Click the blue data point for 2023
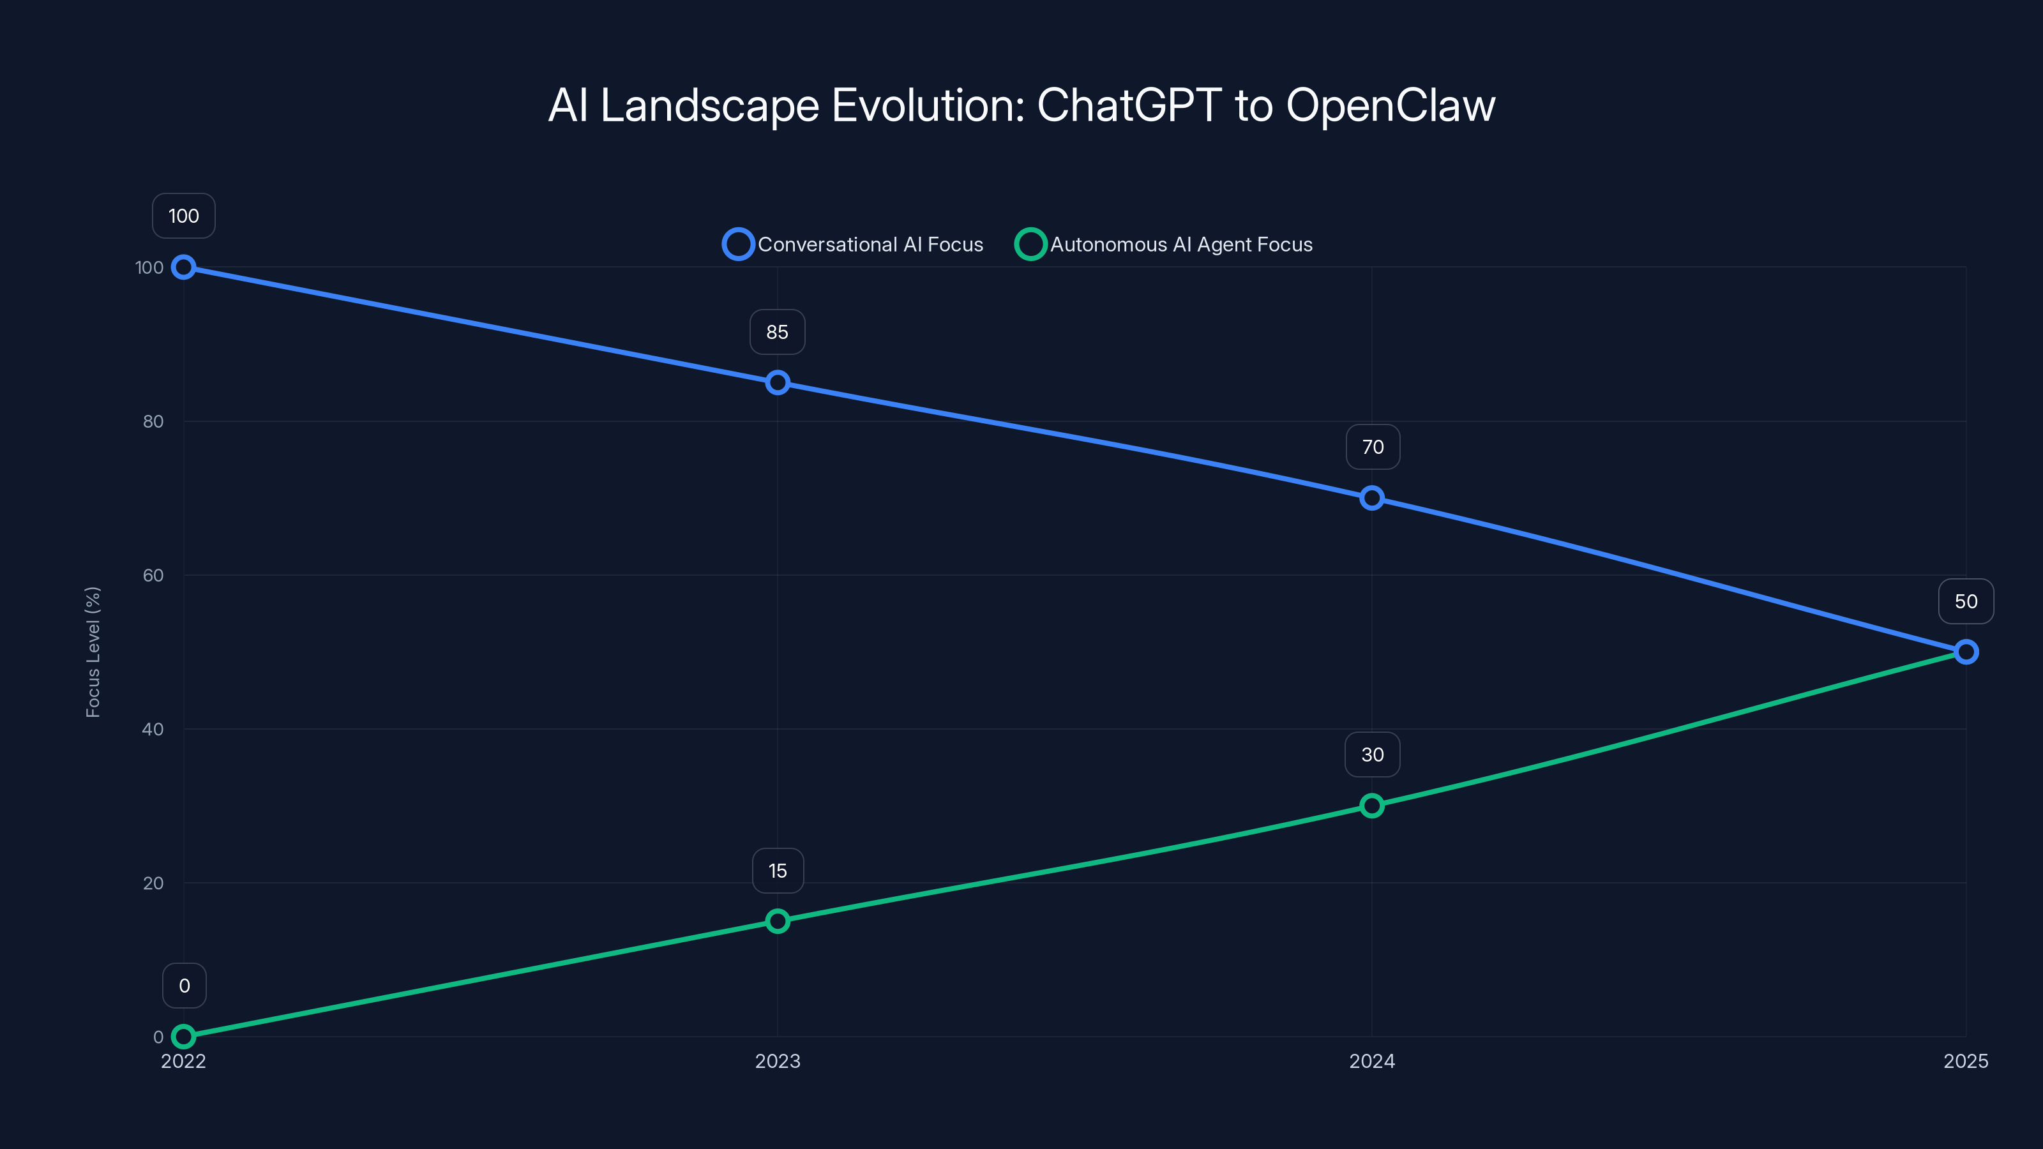(777, 383)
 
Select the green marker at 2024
(1371, 806)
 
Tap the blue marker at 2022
(183, 267)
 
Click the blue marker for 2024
(1371, 498)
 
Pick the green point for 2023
(777, 920)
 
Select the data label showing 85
(777, 332)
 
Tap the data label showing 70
(1372, 447)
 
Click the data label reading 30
(1372, 755)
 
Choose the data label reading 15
(777, 871)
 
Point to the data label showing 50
(1965, 602)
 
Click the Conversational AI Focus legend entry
(854, 244)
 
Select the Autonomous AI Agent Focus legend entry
(1165, 244)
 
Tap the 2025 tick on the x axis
(1965, 1061)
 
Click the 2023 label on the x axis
(777, 1061)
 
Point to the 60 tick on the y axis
(153, 576)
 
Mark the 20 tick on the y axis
(153, 883)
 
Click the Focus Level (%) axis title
(93, 652)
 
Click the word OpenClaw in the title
(1391, 105)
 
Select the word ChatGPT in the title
(1129, 105)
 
